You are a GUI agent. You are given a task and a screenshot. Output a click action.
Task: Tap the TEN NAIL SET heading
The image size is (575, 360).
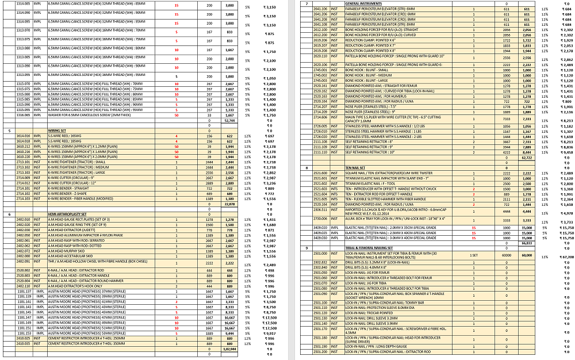point(354,167)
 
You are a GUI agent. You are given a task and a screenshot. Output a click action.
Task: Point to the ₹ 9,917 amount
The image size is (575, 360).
point(270,333)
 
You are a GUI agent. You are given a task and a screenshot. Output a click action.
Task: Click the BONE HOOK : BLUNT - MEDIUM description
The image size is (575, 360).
point(369,75)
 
